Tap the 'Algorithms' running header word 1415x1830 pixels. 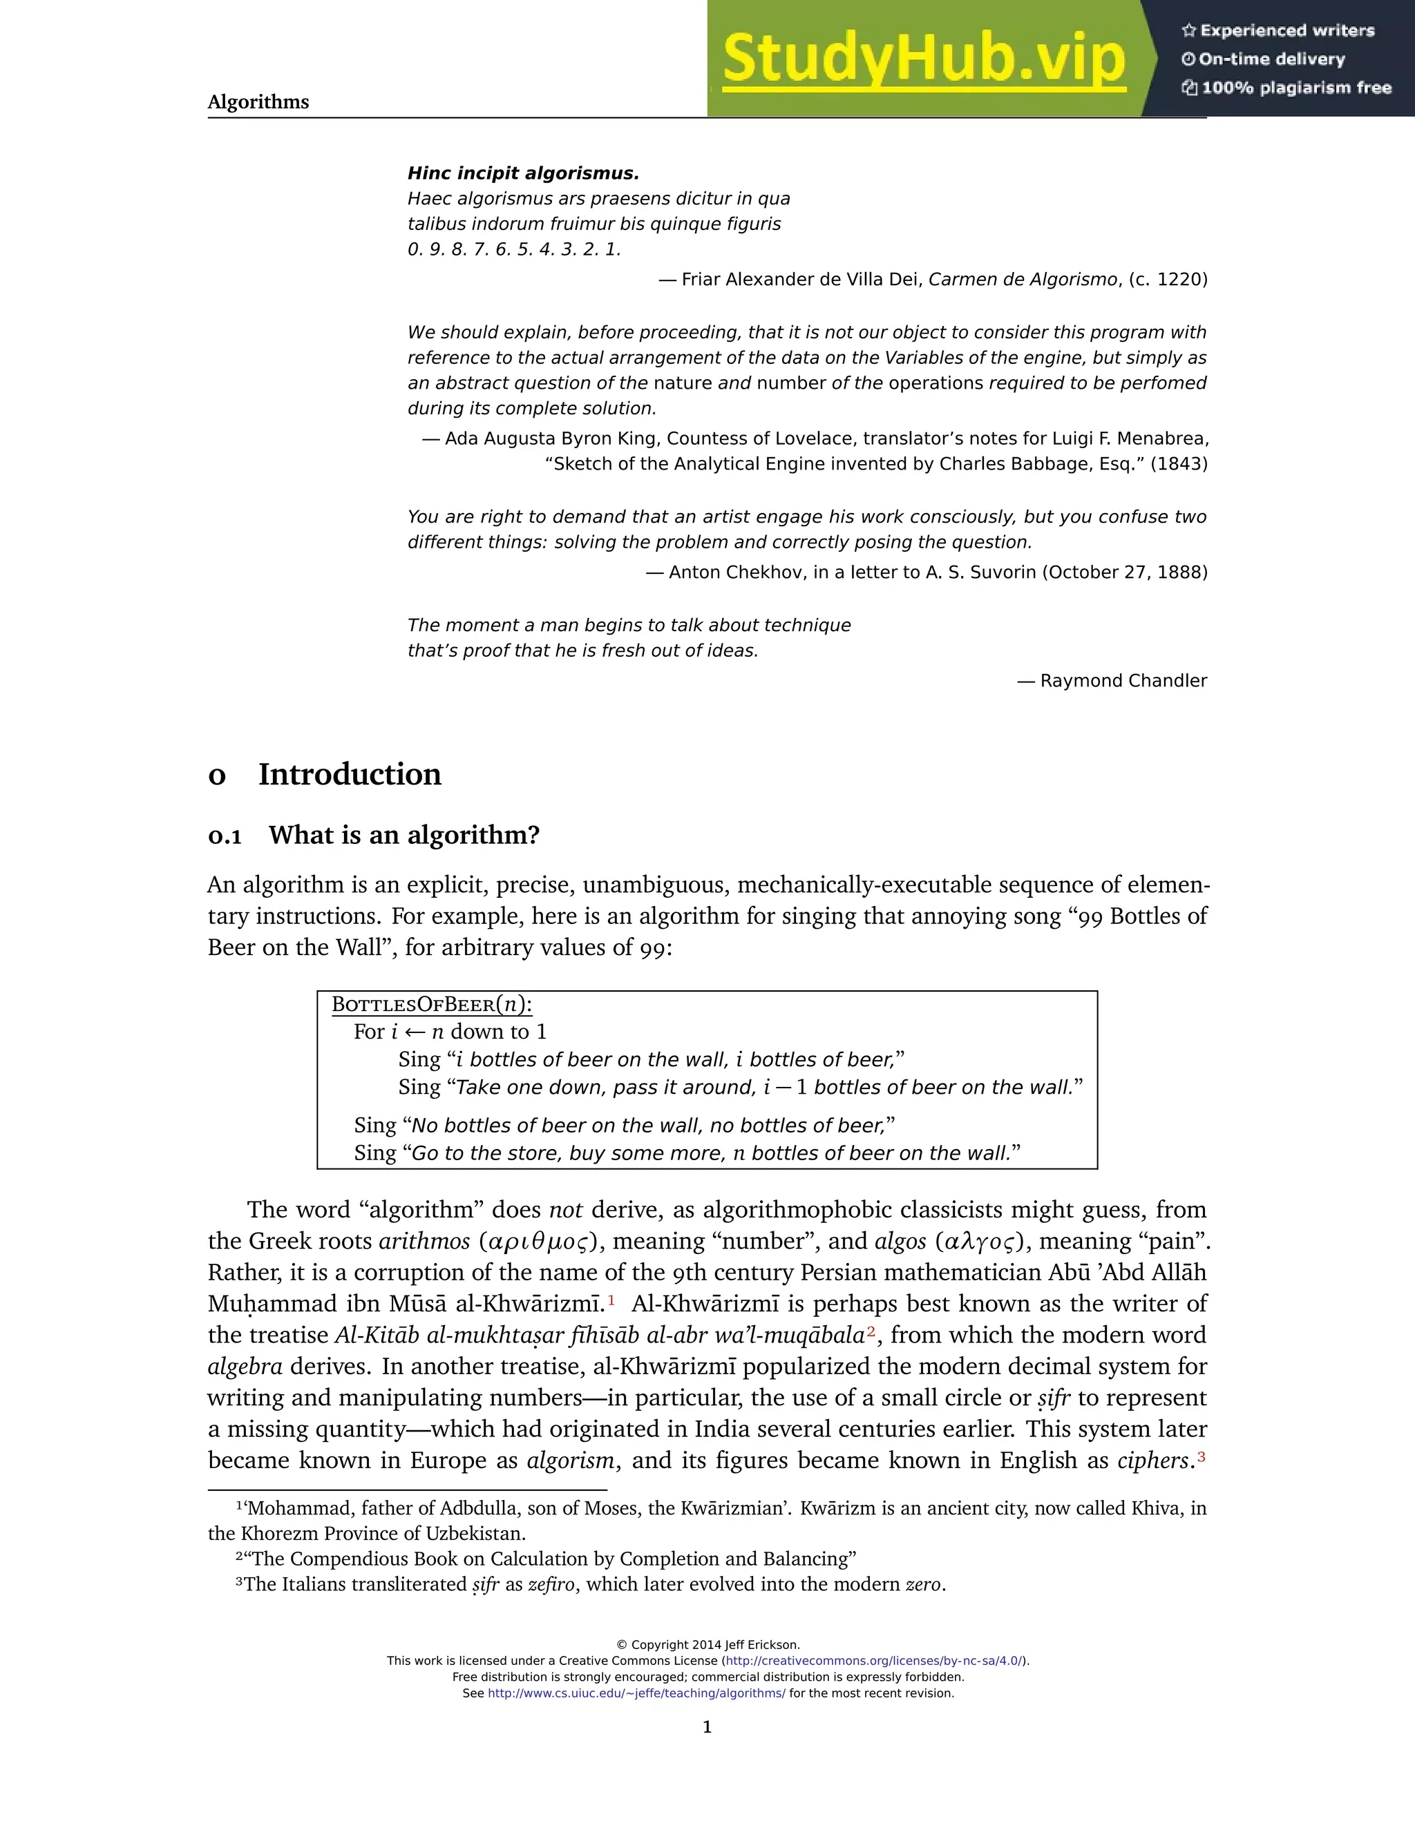tap(258, 102)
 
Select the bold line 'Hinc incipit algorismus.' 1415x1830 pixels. tap(523, 173)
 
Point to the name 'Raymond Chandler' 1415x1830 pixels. tap(1123, 680)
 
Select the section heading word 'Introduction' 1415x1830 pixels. tap(350, 774)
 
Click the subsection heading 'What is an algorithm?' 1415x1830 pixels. tap(404, 836)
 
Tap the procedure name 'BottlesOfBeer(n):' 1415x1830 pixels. tap(432, 1005)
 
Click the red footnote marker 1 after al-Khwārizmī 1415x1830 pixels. tap(611, 1300)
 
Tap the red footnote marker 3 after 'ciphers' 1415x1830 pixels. tap(1202, 1456)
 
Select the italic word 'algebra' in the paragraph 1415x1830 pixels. tap(245, 1367)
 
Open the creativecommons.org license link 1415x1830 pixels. tap(873, 1661)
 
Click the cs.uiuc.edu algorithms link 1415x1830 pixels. tap(636, 1693)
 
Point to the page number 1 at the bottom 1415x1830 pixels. tap(707, 1727)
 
